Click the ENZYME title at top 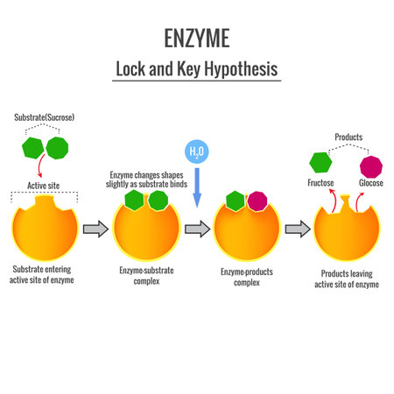[x=197, y=38]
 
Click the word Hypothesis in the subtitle [x=234, y=67]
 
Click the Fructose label [x=321, y=183]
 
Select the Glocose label [x=372, y=183]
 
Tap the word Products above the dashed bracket [x=348, y=137]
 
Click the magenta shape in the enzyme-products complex [x=257, y=201]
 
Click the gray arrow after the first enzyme [x=95, y=230]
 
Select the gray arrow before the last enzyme [x=299, y=229]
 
